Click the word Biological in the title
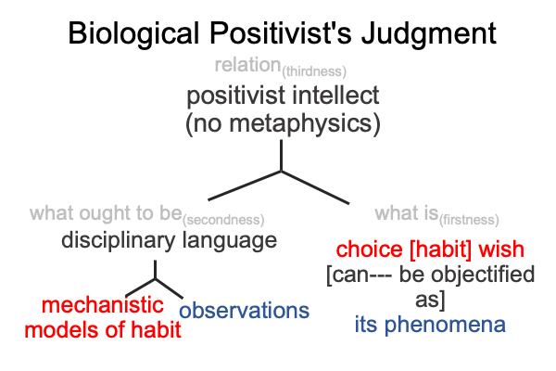pos(133,33)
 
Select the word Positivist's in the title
pos(280,32)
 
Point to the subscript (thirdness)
pos(314,71)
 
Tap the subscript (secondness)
pos(223,220)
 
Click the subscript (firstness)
pos(469,220)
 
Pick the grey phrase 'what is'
pos(407,213)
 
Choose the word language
pos(230,241)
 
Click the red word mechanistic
pos(103,305)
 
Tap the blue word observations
pos(245,311)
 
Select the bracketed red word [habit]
pos(440,249)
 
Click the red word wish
pos(501,249)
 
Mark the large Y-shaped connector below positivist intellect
pos(281,171)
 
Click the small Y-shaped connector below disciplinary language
pos(156,279)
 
